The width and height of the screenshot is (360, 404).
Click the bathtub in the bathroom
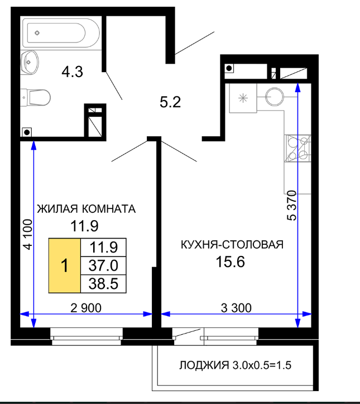[x=61, y=33]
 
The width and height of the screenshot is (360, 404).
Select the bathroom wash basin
[x=30, y=63]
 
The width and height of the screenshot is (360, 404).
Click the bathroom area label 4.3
[x=73, y=72]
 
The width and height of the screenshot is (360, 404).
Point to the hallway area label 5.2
[x=170, y=102]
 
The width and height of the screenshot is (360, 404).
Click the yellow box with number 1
[x=65, y=265]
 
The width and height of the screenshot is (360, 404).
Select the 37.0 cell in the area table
[x=103, y=265]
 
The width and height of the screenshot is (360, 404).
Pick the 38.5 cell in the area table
[x=103, y=284]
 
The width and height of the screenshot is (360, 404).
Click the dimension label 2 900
[x=86, y=308]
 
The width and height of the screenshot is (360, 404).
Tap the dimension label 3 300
[x=236, y=308]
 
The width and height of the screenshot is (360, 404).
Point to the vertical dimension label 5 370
[x=292, y=205]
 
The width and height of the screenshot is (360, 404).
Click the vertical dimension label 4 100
[x=28, y=235]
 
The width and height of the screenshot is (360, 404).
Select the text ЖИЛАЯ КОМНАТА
[x=86, y=208]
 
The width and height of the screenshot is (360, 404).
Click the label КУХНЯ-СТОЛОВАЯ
[x=232, y=245]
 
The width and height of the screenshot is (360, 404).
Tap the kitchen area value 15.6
[x=231, y=262]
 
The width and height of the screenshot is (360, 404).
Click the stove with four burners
[x=297, y=149]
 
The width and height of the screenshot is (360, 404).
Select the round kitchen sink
[x=274, y=97]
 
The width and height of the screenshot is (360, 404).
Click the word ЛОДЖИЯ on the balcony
[x=204, y=365]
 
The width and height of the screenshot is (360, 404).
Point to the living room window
[x=87, y=336]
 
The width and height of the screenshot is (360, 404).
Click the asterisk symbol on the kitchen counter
[x=243, y=98]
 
